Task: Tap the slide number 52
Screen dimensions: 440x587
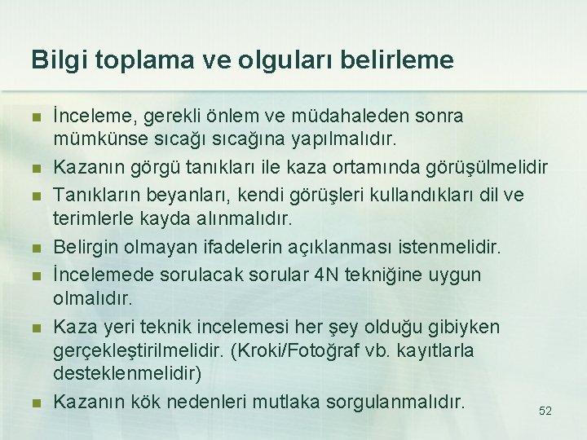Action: (x=545, y=411)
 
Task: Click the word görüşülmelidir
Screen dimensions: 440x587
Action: (x=484, y=168)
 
